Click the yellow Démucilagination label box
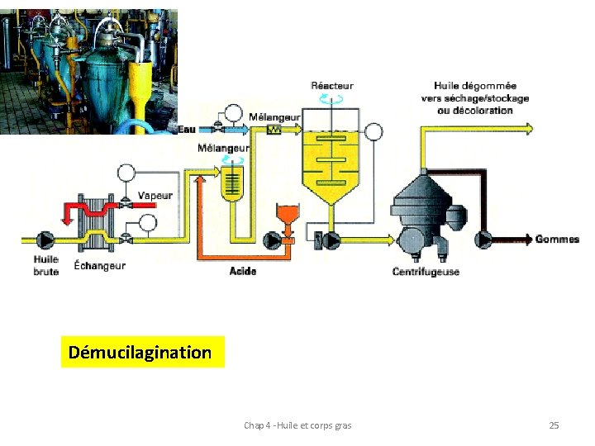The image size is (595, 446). click(141, 353)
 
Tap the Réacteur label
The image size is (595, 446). click(331, 86)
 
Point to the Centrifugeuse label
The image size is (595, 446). click(426, 272)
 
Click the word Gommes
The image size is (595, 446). click(557, 240)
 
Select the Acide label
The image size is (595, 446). click(242, 272)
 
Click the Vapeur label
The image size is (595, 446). click(155, 196)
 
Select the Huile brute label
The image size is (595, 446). click(45, 265)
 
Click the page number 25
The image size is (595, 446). click(554, 425)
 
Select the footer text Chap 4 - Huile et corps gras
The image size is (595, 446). click(297, 425)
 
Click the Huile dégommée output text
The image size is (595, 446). click(475, 97)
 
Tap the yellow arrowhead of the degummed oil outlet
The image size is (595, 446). click(528, 128)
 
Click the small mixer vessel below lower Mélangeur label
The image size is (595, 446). click(233, 183)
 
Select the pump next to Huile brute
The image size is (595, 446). click(38, 240)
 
